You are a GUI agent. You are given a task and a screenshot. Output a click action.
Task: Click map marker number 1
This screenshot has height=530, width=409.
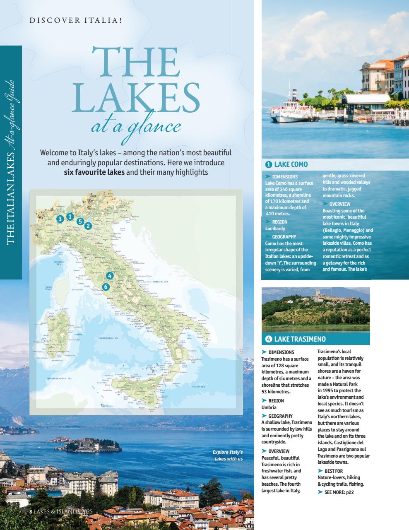point(70,216)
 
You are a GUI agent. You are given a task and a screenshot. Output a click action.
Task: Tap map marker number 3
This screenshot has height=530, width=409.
point(60,219)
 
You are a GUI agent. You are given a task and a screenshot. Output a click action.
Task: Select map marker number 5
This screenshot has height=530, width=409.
point(80,221)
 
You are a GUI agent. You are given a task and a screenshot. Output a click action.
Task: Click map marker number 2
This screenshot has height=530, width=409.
point(88,226)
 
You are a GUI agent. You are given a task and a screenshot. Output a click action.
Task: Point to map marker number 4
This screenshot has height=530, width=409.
point(109,275)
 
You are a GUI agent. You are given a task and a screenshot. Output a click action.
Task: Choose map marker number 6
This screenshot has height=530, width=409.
point(106,287)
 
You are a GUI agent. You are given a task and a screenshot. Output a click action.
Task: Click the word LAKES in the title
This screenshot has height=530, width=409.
point(135,98)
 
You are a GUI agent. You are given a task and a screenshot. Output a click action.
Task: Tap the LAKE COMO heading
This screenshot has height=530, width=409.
point(291,164)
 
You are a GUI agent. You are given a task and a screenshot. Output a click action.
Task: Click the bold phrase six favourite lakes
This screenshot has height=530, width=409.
point(94,172)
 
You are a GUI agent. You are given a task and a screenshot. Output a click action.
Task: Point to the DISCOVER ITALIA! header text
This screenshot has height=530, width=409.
point(76,19)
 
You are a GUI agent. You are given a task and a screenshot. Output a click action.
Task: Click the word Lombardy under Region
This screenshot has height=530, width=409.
point(275,229)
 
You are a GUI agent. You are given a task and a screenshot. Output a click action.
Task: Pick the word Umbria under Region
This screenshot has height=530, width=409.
point(269,407)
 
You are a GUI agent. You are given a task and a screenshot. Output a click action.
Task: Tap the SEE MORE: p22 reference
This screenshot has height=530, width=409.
point(339,492)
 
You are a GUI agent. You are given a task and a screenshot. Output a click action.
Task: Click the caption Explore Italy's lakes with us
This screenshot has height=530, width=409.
point(229,455)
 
